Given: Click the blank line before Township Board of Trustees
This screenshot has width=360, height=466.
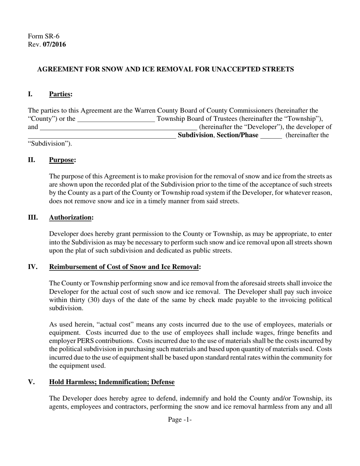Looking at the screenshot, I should [116, 119].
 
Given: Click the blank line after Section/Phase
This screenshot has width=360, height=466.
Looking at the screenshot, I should [271, 136].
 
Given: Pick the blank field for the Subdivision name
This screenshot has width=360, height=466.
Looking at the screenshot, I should [102, 136].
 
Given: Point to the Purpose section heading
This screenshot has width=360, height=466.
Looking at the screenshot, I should [62, 160].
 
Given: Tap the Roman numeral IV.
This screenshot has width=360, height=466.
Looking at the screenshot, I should [33, 267].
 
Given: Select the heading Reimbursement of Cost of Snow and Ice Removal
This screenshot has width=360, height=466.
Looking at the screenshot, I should [124, 267].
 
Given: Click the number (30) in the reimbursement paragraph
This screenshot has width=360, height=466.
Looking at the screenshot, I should [121, 300].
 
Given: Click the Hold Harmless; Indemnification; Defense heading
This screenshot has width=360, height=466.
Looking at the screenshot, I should [112, 382].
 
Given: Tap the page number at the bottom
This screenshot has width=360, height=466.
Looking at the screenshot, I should [180, 420].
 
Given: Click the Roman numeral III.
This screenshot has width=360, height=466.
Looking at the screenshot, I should [33, 217].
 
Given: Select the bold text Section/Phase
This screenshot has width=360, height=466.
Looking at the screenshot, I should [238, 135].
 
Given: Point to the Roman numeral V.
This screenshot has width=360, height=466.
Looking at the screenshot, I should [31, 382].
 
